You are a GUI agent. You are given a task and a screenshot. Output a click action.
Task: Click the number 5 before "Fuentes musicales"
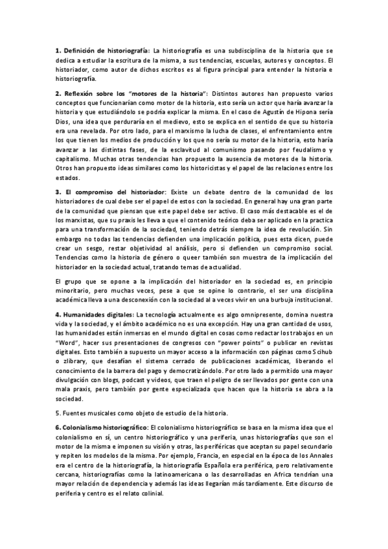coord(57,412)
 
